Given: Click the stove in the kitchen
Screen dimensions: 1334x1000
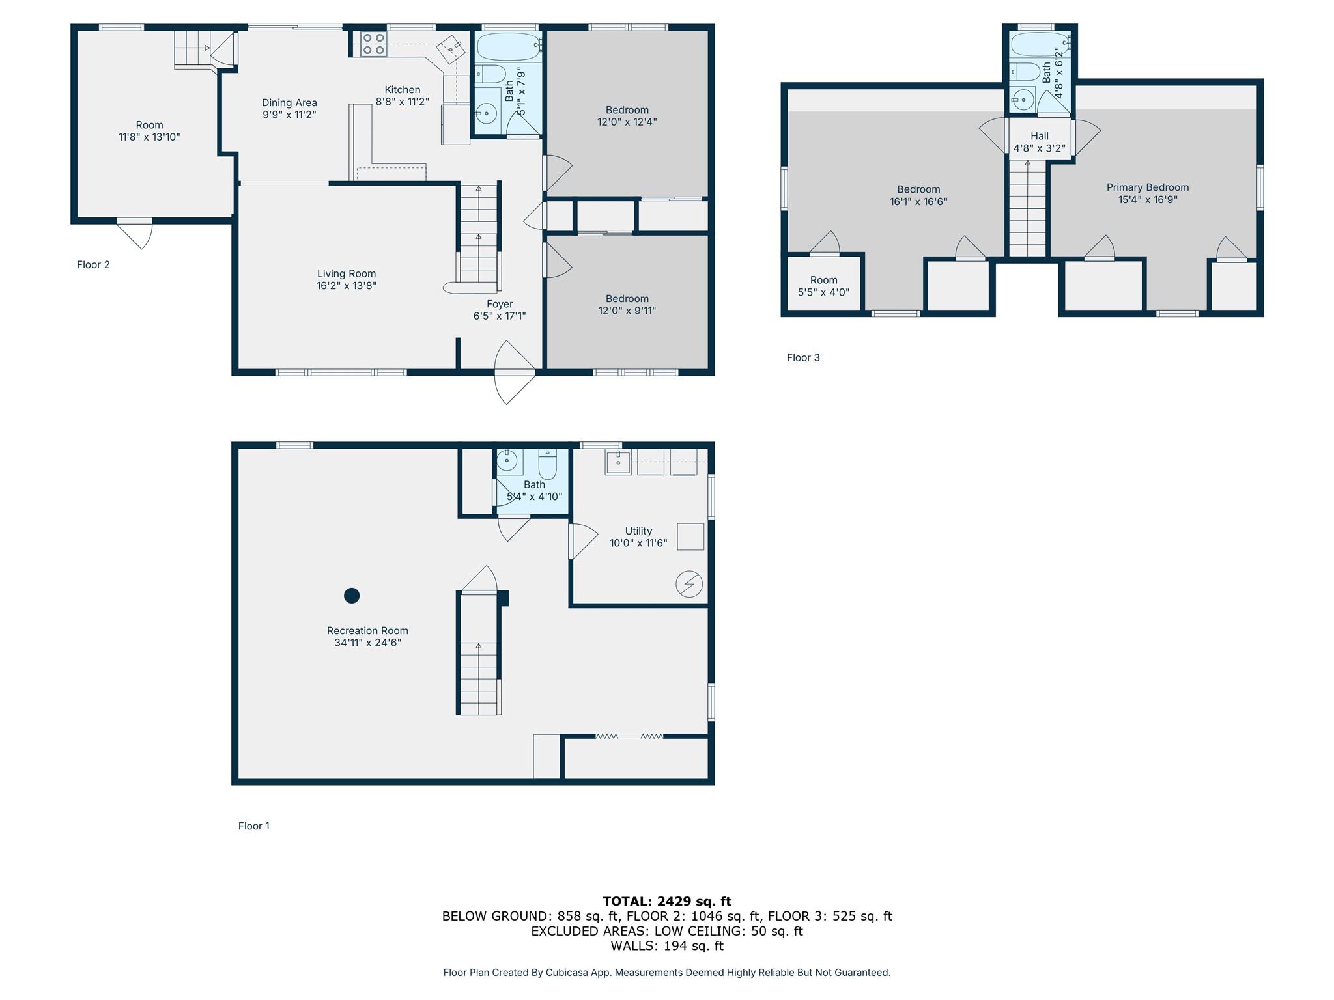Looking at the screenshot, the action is point(373,44).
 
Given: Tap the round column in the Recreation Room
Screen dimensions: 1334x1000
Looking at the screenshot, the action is point(352,595).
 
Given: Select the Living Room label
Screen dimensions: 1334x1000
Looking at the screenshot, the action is point(347,274).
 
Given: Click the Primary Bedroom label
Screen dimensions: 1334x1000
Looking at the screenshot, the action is point(1148,187).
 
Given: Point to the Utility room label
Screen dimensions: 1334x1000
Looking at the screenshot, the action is point(638,531).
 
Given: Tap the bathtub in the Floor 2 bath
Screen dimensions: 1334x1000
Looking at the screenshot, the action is point(509,47).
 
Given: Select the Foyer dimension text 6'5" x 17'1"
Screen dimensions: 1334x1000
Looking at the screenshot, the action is point(500,316).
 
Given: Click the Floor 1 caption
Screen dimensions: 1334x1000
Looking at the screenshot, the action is point(254,826).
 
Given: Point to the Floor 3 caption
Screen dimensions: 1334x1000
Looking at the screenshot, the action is point(803,357).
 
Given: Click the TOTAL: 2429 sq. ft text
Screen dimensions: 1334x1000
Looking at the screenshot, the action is point(667,901).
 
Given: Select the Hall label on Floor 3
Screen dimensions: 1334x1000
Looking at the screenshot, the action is point(1040,136).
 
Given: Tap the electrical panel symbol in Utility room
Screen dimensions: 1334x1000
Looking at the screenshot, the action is point(689,584).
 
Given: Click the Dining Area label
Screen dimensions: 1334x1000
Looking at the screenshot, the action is point(289,103).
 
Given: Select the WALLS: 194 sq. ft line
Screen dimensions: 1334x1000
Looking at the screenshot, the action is point(667,946).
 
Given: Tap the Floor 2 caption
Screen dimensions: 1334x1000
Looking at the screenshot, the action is point(93,264).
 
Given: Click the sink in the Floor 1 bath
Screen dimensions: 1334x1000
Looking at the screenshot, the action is point(507,462).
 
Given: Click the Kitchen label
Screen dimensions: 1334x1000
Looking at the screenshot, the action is point(403,90).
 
